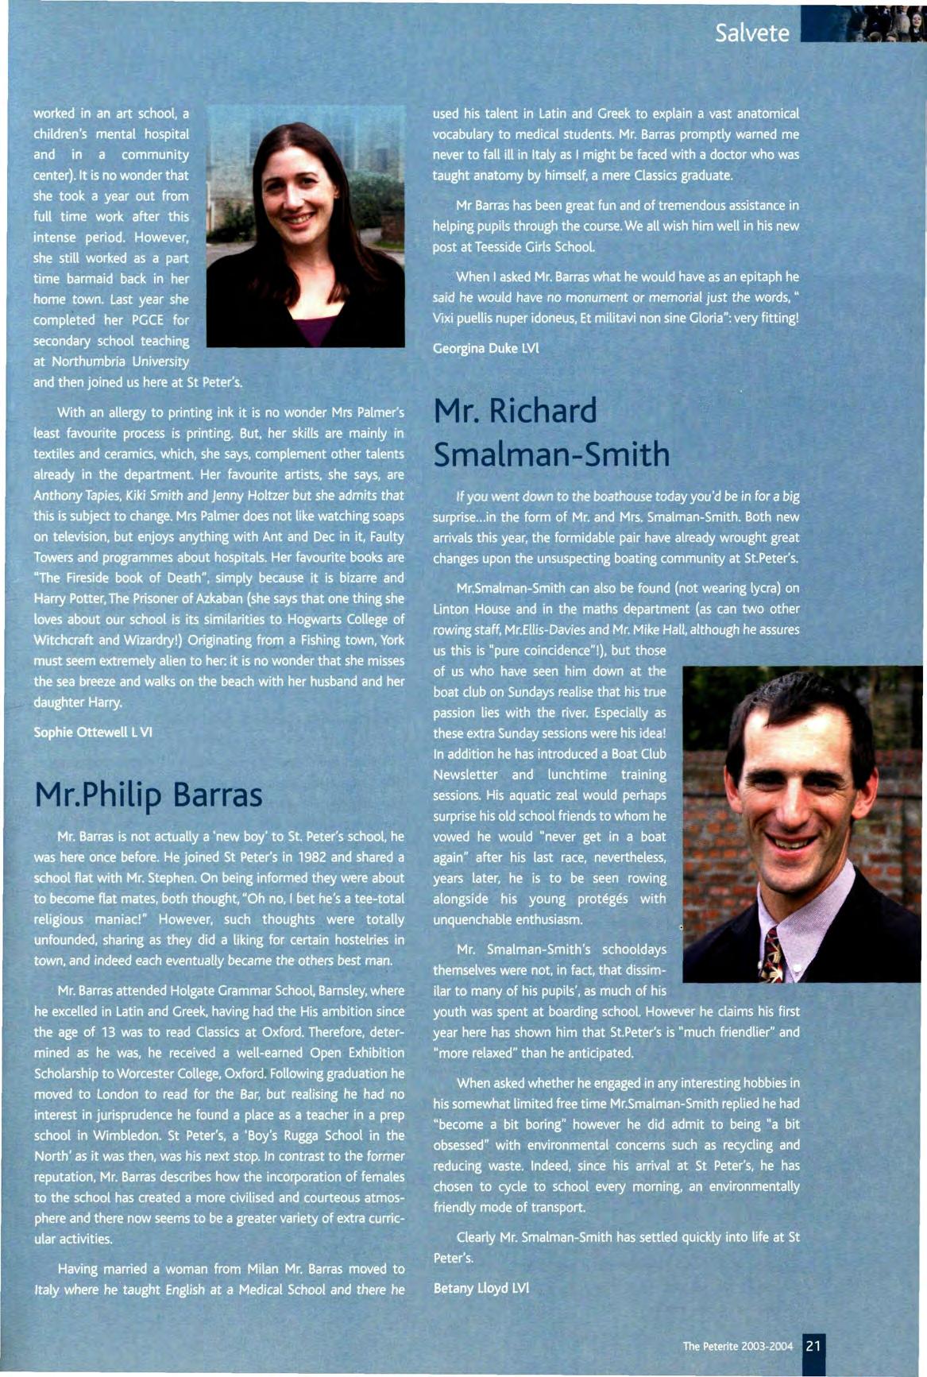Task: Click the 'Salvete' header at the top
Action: pyautogui.click(x=751, y=33)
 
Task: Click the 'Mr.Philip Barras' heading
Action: pyautogui.click(x=149, y=795)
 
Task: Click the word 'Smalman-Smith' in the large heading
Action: pyautogui.click(x=551, y=454)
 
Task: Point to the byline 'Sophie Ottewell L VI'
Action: pyautogui.click(x=93, y=732)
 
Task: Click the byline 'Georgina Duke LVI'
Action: pyautogui.click(x=486, y=348)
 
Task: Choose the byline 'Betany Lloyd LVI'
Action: pyautogui.click(x=481, y=1287)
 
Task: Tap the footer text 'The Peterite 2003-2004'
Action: pyautogui.click(x=738, y=1346)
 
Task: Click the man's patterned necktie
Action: pyautogui.click(x=771, y=953)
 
